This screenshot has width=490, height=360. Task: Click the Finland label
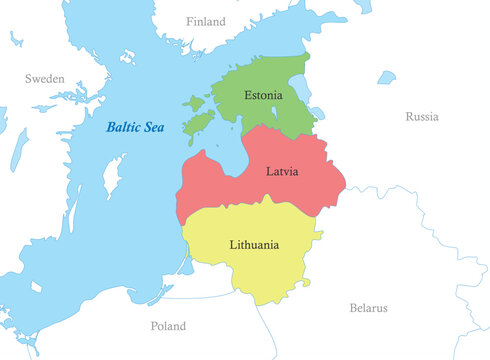[x=206, y=21]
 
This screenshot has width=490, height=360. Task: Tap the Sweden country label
[x=44, y=78]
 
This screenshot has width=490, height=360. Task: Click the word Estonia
[x=263, y=96]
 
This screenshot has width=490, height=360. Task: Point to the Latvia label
[x=281, y=171]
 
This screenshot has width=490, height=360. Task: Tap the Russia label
[x=421, y=117]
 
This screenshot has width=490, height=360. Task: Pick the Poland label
[x=167, y=326]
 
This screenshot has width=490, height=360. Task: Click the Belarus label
[x=368, y=308]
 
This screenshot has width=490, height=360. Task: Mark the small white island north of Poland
[x=37, y=287]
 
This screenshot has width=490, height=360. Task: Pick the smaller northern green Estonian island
[x=193, y=102]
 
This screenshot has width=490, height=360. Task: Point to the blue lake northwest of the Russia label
[x=387, y=76]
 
